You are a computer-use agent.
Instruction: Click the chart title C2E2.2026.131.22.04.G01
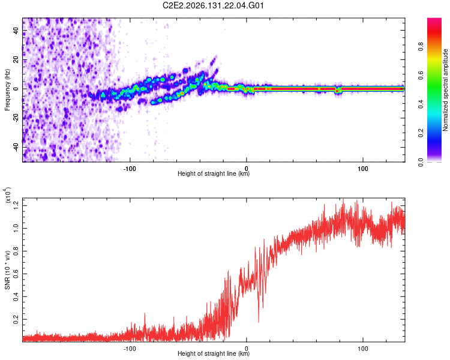(213, 5)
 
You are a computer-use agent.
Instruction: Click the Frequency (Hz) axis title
(7, 90)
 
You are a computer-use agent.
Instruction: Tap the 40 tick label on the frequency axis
(16, 31)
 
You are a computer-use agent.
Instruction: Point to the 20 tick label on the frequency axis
(16, 60)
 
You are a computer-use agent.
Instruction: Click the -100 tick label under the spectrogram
(130, 169)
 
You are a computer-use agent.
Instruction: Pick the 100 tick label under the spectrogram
(363, 169)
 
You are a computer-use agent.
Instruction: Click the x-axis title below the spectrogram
(214, 173)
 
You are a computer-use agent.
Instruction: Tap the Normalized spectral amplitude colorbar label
(445, 90)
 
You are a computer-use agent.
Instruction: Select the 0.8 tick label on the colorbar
(421, 47)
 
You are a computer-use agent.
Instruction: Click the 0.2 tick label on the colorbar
(421, 133)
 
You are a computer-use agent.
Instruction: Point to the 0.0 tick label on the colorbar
(421, 162)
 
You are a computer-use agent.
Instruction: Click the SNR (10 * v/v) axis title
(7, 270)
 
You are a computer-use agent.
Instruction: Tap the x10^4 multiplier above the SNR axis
(8, 195)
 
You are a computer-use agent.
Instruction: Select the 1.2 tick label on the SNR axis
(16, 206)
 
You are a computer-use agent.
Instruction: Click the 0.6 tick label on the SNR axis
(16, 274)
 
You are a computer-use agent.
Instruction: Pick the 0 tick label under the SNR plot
(246, 349)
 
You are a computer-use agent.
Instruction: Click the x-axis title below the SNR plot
(214, 353)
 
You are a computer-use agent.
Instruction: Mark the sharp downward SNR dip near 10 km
(259, 321)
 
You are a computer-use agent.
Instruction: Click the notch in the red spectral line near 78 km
(338, 90)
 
